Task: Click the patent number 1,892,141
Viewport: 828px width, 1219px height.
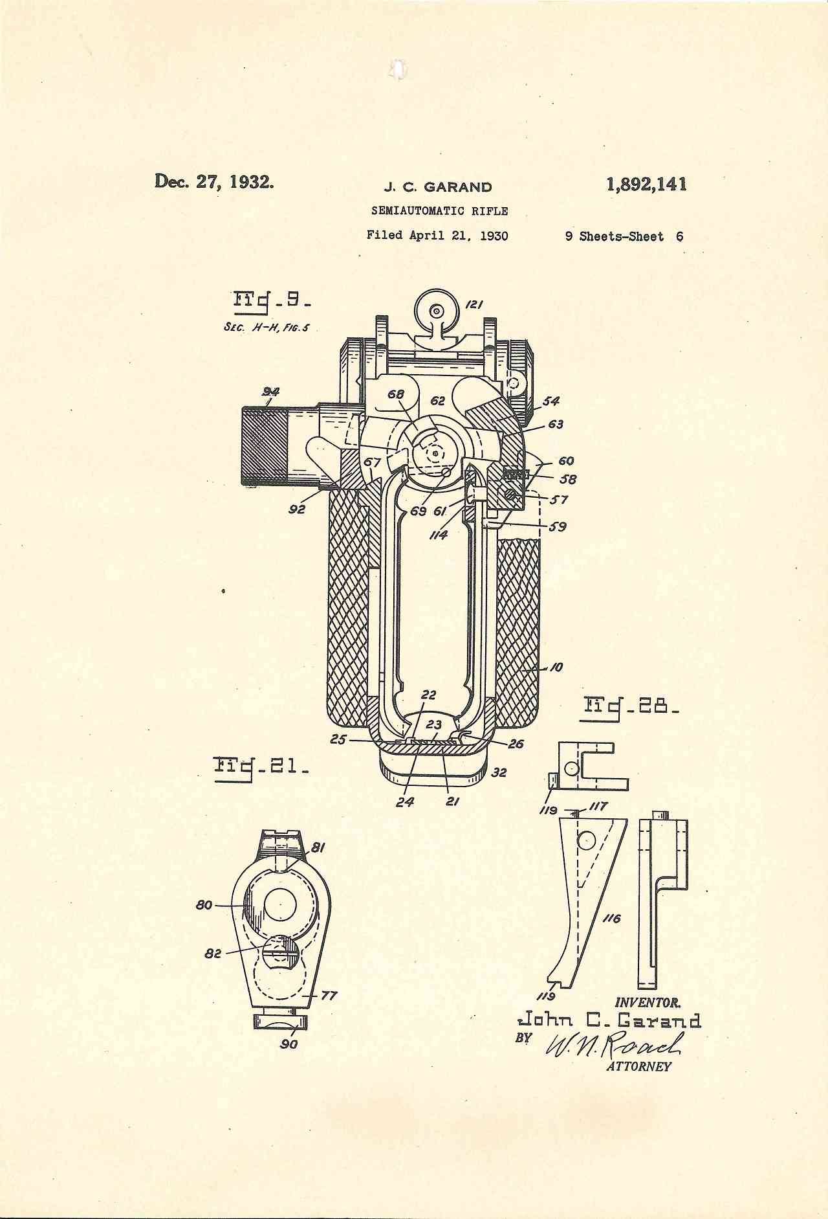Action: click(646, 185)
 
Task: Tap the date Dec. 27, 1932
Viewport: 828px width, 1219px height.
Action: click(214, 181)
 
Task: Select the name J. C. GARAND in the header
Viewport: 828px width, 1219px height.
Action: click(438, 188)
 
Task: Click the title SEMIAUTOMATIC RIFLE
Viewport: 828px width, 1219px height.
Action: click(439, 211)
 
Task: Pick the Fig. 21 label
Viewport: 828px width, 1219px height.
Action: click(261, 768)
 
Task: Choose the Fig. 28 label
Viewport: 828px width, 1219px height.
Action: click(631, 705)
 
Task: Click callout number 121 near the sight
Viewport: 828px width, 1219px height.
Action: click(474, 304)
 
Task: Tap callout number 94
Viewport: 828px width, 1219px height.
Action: click(270, 392)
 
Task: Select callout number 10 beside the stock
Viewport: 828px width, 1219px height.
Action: click(556, 667)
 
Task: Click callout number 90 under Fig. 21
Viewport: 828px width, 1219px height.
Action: click(289, 1044)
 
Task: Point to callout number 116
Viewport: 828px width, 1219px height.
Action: click(611, 918)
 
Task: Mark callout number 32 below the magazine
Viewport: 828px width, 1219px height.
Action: click(499, 772)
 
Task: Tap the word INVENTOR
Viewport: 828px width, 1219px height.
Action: click(648, 1003)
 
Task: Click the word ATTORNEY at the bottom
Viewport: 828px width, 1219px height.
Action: click(638, 1066)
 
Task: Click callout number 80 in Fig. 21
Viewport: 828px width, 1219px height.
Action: click(204, 904)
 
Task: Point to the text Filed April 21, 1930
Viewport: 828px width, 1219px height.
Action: click(437, 235)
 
